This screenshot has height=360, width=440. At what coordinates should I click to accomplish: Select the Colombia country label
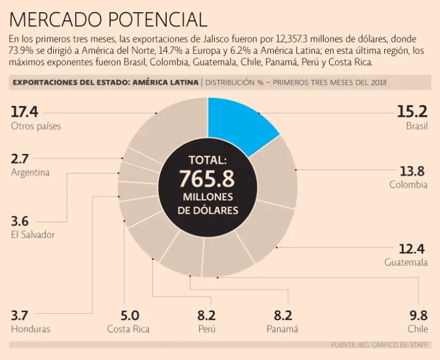408,185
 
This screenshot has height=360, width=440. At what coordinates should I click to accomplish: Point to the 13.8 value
412,171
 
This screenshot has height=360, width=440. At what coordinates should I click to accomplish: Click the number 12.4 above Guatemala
412,248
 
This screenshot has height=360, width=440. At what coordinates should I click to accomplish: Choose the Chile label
418,329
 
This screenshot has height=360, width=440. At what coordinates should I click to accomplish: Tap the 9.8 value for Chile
418,315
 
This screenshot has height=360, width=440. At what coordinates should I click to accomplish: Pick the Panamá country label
282,329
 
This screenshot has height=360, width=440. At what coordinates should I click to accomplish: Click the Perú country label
206,329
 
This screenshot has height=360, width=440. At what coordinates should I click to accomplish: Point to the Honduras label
30,329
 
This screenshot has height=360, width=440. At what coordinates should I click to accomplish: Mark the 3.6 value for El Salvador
20,221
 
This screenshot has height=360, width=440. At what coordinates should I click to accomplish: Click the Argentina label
30,172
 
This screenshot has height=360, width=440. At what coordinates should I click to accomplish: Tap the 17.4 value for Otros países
24,112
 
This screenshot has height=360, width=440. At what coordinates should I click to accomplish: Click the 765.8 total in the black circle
207,179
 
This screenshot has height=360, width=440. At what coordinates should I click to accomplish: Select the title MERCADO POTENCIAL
108,20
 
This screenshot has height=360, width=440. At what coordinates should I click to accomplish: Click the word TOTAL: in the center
207,160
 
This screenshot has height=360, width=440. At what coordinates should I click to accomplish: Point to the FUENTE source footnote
380,345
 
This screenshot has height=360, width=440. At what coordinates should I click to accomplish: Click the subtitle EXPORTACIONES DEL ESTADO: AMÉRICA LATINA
105,82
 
